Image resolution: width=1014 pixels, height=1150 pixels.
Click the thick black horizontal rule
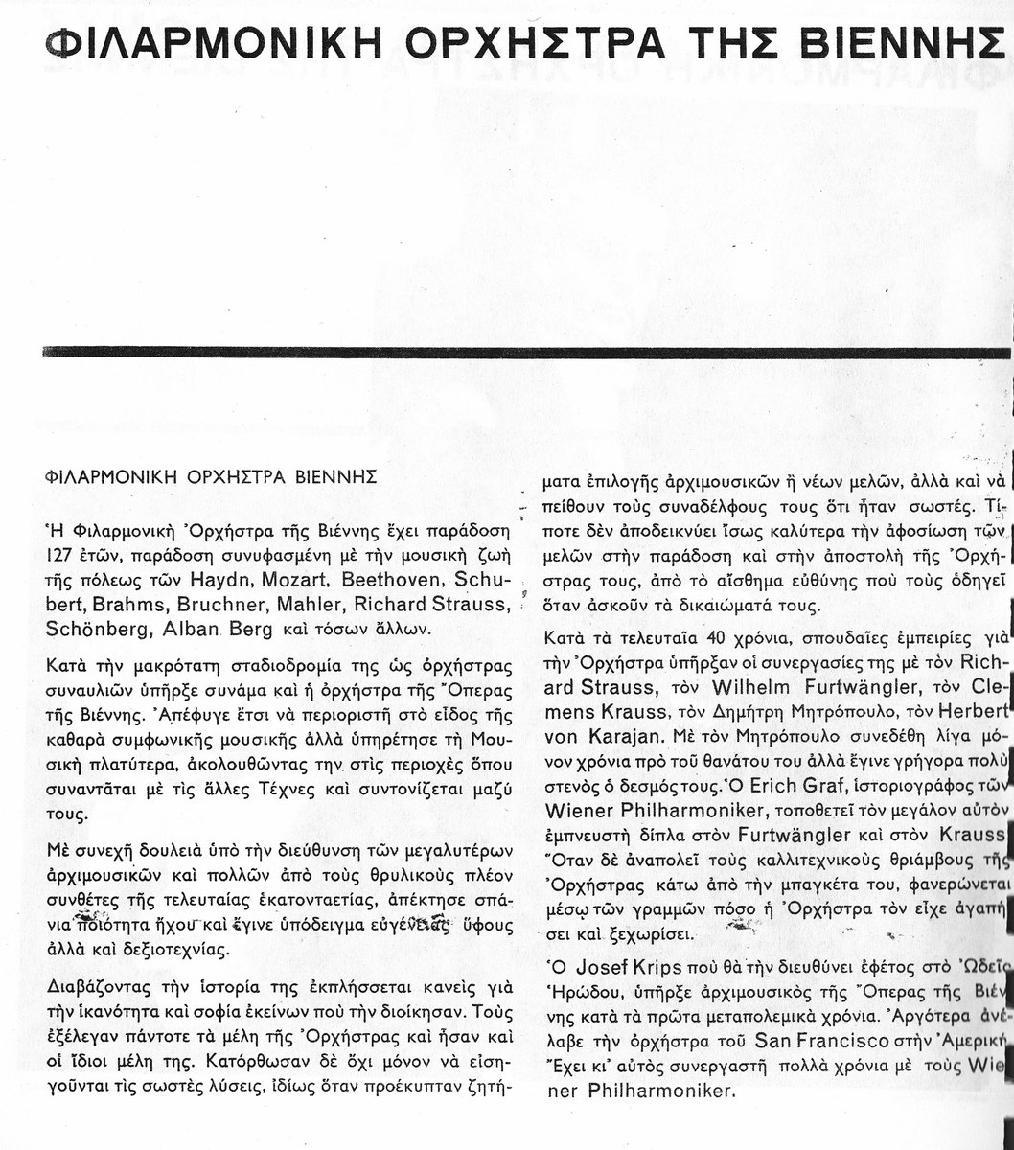pos(527,353)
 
